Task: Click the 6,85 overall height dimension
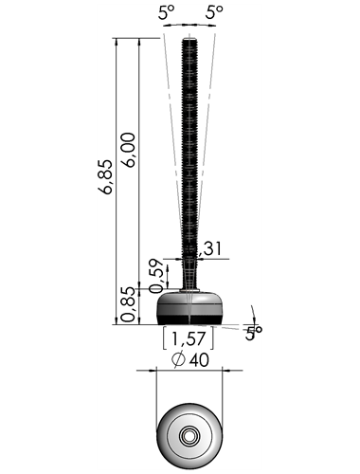point(105,176)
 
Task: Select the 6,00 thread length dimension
point(129,150)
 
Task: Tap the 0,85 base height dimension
point(129,304)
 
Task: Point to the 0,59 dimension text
point(156,276)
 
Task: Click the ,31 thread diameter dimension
point(210,248)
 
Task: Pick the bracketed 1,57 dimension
point(189,338)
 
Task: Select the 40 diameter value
point(199,360)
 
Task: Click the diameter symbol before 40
point(178,359)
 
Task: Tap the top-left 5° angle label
point(166,12)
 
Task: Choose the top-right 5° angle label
point(214,12)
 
